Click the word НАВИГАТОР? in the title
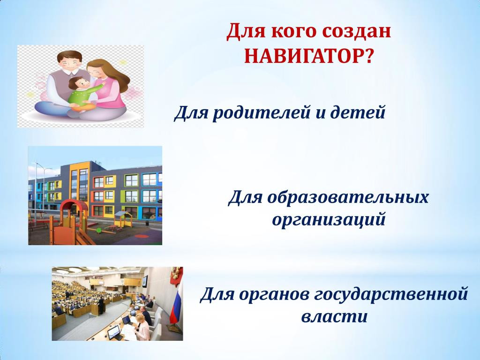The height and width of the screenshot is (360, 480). coord(309,56)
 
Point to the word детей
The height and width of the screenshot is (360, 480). coord(358,112)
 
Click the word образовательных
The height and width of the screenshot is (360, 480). coord(347,197)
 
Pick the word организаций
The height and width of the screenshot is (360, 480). coord(329,220)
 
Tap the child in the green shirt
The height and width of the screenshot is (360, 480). coord(84,94)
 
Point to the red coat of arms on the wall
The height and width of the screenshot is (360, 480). coord(175,274)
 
